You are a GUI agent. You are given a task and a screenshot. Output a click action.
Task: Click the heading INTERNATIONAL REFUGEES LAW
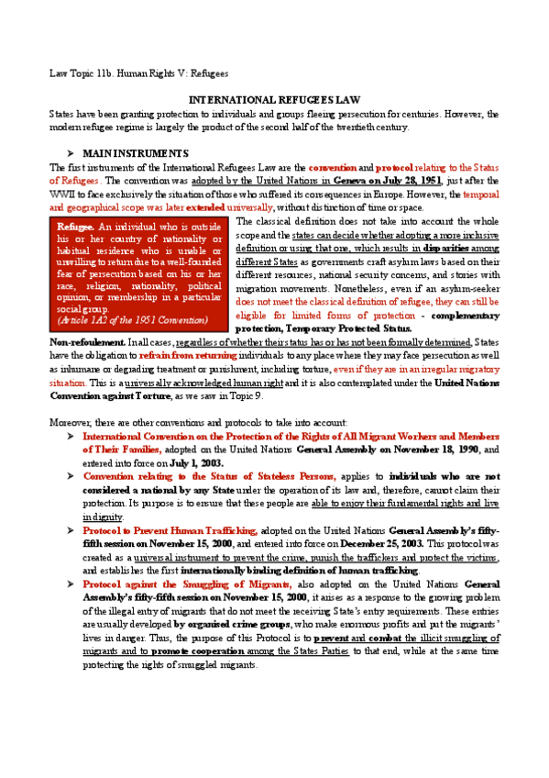pos(274,98)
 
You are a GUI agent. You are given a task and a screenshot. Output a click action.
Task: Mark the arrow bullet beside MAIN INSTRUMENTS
pos(69,152)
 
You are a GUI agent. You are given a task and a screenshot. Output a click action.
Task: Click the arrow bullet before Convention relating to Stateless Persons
pos(69,477)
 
